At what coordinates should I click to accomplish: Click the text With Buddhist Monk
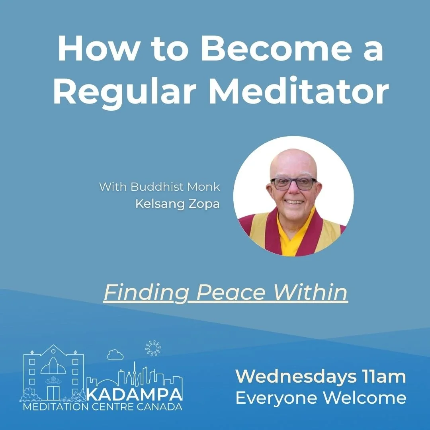pyautogui.click(x=159, y=186)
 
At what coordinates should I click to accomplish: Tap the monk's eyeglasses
pyautogui.click(x=293, y=184)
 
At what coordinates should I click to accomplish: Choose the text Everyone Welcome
pyautogui.click(x=321, y=397)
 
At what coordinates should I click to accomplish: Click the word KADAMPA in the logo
pyautogui.click(x=134, y=394)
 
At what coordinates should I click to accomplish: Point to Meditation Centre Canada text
pyautogui.click(x=103, y=407)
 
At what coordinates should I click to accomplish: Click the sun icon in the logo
pyautogui.click(x=153, y=348)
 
